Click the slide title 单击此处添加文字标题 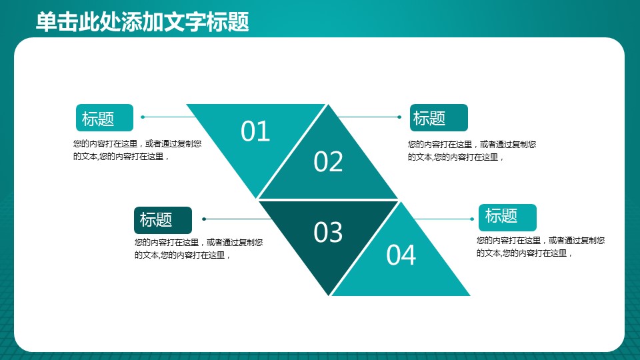(x=143, y=21)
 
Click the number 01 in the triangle (x=255, y=131)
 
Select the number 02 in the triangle (x=328, y=161)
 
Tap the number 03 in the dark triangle (x=328, y=232)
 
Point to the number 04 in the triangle (x=401, y=255)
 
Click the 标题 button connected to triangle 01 (x=105, y=117)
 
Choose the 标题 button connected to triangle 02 (x=439, y=117)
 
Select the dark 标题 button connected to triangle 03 (x=163, y=220)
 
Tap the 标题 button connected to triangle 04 (x=507, y=217)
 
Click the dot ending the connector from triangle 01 (x=143, y=117)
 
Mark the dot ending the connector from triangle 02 (x=399, y=117)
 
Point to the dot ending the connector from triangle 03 (x=204, y=219)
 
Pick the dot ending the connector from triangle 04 (x=472, y=219)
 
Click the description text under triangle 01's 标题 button (x=137, y=150)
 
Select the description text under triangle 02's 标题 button (x=472, y=151)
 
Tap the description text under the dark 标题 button (x=199, y=249)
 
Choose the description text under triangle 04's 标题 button (x=541, y=247)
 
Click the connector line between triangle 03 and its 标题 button (x=237, y=219)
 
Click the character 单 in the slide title (x=46, y=21)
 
